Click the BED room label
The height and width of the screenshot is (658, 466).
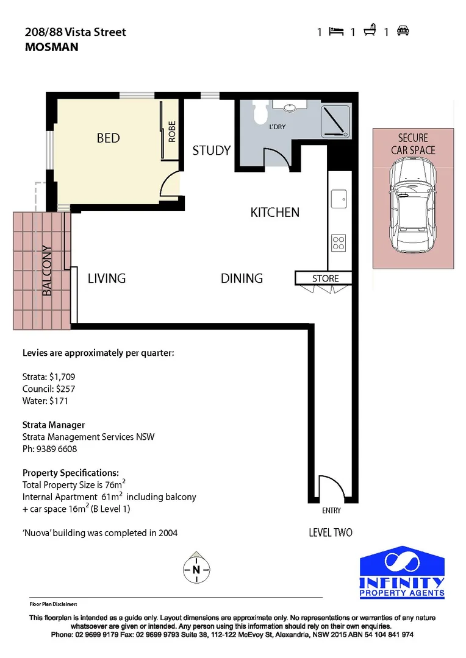tap(109, 138)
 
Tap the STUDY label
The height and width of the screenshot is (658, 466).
tap(212, 150)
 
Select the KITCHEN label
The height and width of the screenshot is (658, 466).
tap(275, 212)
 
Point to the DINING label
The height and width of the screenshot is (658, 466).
tap(242, 278)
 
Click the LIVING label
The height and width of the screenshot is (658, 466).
tap(107, 278)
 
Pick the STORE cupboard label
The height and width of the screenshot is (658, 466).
tap(325, 278)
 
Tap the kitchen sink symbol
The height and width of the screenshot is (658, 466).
tap(339, 198)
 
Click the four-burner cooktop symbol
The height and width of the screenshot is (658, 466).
tap(339, 243)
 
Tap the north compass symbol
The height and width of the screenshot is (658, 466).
tap(196, 570)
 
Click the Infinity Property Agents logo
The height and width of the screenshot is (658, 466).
tap(402, 572)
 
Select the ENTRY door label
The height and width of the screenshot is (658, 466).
tap(331, 511)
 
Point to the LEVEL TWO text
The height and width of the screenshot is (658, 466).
tap(331, 532)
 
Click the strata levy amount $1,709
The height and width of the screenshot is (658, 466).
tap(62, 377)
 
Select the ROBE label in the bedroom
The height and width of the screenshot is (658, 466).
tap(172, 132)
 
